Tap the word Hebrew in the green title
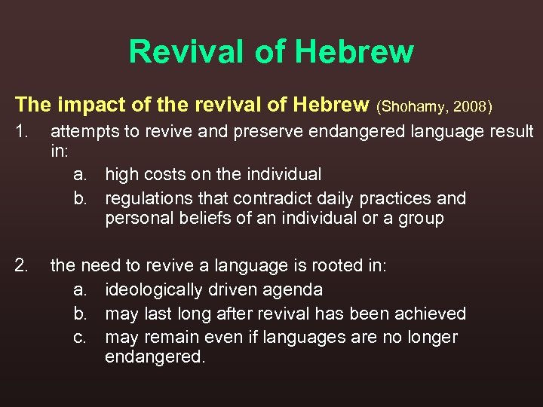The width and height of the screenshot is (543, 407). [x=354, y=52]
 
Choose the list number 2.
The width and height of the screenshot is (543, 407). [x=23, y=265]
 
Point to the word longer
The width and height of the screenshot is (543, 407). [x=430, y=336]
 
